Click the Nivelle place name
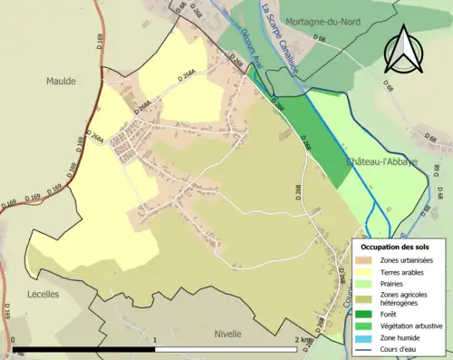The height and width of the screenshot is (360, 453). coord(227,333)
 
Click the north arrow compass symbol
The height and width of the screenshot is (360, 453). coord(404,49)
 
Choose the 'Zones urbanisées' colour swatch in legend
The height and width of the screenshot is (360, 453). coord(367,261)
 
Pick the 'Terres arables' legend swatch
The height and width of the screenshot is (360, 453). coord(367,272)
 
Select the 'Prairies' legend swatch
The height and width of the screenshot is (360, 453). coord(367,283)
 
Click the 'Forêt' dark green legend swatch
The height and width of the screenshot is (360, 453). coord(367,314)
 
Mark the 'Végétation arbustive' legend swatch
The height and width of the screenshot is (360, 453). coord(367,325)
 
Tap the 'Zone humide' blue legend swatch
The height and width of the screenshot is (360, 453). coord(367,336)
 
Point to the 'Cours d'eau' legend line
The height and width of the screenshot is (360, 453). coord(367,346)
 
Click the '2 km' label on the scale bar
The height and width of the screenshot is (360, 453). coord(303,341)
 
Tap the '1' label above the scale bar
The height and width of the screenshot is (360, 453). coord(156,341)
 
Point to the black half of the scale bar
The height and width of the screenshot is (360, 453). coord(85,350)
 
